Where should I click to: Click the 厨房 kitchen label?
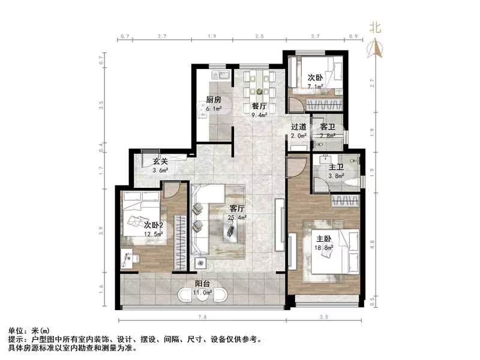(x=214, y=100)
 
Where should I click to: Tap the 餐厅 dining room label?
(x=259, y=106)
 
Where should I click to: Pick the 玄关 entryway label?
(x=159, y=161)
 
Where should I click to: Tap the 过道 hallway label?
(x=299, y=127)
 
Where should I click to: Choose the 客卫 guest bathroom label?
(x=328, y=127)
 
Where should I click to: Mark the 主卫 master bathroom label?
(x=336, y=167)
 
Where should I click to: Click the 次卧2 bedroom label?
(x=154, y=224)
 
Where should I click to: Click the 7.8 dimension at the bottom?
(x=202, y=316)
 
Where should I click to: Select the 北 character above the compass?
(x=376, y=28)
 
